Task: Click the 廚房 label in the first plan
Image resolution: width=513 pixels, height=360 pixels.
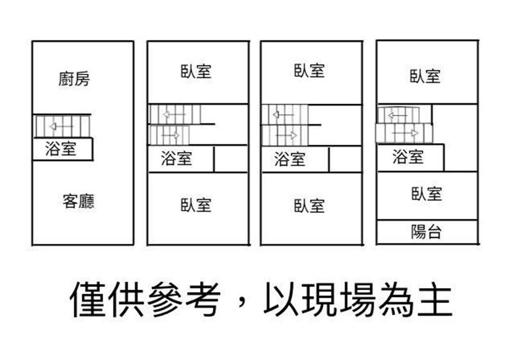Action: click(x=74, y=79)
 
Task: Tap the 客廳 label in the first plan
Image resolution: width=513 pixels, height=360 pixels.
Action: click(x=79, y=201)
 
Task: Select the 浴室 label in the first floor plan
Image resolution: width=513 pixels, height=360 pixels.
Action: click(x=61, y=150)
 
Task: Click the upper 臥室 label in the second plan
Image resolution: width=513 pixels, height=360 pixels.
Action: click(x=196, y=71)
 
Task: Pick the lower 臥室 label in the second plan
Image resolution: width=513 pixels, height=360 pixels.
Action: click(x=196, y=205)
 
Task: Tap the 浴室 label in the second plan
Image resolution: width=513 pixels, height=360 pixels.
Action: click(x=176, y=158)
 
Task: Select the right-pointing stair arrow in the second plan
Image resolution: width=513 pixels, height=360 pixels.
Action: click(x=171, y=135)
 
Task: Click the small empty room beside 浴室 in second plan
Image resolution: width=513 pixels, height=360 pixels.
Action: click(x=231, y=159)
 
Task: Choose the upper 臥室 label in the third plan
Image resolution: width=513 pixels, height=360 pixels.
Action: click(x=309, y=71)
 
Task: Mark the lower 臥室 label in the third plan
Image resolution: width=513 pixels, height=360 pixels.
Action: click(x=309, y=205)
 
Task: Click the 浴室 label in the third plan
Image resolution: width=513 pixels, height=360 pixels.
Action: click(x=290, y=159)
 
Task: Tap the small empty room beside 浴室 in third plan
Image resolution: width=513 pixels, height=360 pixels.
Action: click(x=345, y=159)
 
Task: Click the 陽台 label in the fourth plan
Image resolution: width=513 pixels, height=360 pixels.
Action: click(x=426, y=232)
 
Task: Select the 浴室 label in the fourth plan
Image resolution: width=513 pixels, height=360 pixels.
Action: click(x=408, y=156)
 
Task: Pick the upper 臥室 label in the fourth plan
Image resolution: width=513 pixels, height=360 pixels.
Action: click(x=426, y=76)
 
